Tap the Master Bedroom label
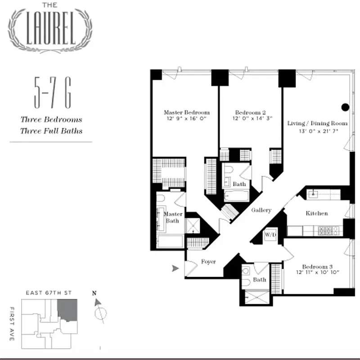(x=186, y=112)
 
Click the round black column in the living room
(x=345, y=107)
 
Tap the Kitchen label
(x=317, y=213)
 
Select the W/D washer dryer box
(x=270, y=235)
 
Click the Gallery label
(x=261, y=210)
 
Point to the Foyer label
(x=208, y=261)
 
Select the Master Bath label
(x=173, y=217)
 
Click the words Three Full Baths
(x=51, y=131)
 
